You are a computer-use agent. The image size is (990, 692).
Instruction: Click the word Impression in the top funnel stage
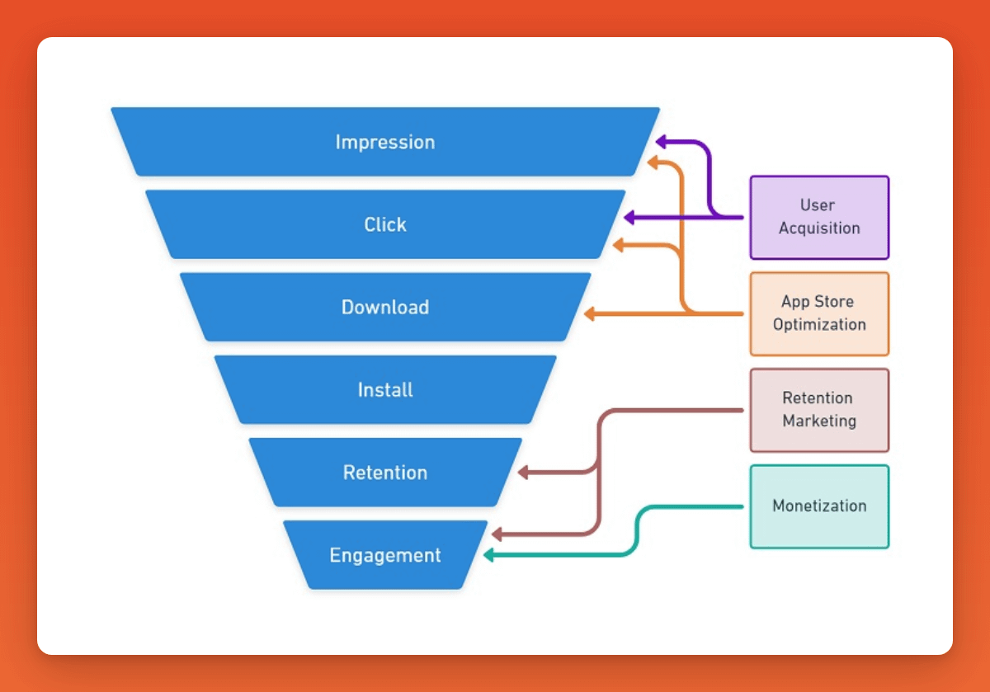[x=384, y=142]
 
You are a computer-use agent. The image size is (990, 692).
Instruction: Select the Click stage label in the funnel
[x=385, y=224]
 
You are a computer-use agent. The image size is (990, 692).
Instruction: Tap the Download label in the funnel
[x=385, y=307]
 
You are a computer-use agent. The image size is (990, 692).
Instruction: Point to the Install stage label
[x=385, y=389]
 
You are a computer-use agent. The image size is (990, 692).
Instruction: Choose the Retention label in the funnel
[x=385, y=473]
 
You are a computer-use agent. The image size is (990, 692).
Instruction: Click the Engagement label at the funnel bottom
[x=385, y=555]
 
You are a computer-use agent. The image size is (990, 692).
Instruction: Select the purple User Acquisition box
[x=819, y=217]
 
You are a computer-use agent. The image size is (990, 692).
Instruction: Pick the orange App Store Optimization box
[x=819, y=313]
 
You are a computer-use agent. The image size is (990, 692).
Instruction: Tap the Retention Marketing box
[x=819, y=410]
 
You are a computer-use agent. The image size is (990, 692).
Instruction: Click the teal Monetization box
[x=819, y=506]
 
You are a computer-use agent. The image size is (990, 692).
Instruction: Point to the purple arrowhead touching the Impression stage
[x=661, y=141]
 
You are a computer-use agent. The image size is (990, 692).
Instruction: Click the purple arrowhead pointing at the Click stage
[x=629, y=218]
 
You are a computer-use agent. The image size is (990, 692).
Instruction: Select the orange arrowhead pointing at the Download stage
[x=589, y=313]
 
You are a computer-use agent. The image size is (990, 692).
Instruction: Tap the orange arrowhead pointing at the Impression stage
[x=653, y=162]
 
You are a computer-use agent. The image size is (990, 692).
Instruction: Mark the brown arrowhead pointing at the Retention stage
[x=522, y=473]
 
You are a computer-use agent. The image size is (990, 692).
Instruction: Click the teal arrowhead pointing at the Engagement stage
[x=488, y=555]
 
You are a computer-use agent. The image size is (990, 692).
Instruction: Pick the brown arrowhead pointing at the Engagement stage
[x=495, y=535]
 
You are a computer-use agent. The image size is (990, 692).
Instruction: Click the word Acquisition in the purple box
[x=819, y=228]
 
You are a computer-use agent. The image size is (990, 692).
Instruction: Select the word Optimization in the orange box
[x=819, y=324]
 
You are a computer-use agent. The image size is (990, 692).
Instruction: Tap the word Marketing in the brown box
[x=819, y=421]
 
